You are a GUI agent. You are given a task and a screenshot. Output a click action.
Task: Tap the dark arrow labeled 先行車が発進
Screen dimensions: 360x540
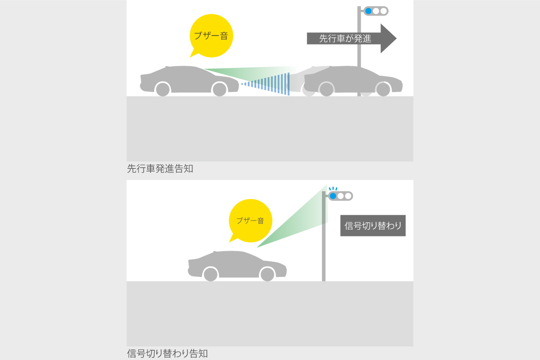[x=346, y=39]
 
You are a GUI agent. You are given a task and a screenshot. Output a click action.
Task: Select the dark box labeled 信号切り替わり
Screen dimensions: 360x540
[x=373, y=226]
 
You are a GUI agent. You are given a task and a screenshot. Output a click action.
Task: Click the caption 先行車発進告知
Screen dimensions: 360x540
[x=160, y=169]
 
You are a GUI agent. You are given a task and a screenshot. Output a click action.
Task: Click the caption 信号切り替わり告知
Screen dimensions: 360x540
[x=167, y=354]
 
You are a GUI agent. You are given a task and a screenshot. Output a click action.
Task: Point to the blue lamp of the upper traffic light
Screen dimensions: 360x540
[x=368, y=11]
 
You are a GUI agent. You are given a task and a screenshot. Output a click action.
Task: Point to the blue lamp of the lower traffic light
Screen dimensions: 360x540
[x=333, y=196]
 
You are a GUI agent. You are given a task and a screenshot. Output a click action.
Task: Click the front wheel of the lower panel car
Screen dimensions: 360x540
[x=267, y=274]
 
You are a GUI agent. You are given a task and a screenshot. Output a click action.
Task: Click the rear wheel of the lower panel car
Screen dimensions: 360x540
[x=210, y=274]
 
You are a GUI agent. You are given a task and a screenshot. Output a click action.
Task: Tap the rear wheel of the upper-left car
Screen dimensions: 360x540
[x=163, y=89]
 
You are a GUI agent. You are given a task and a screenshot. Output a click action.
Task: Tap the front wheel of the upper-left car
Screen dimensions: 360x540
[x=219, y=89]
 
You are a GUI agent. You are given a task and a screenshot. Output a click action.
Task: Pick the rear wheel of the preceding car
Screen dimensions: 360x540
[x=326, y=89]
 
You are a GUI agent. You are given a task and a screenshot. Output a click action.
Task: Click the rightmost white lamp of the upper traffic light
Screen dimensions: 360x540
[x=384, y=11]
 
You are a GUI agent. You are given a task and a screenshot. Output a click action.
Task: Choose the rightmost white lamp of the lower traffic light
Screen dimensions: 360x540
[x=348, y=196]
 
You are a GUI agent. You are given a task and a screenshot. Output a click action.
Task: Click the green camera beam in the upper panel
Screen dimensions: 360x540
[x=249, y=72]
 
